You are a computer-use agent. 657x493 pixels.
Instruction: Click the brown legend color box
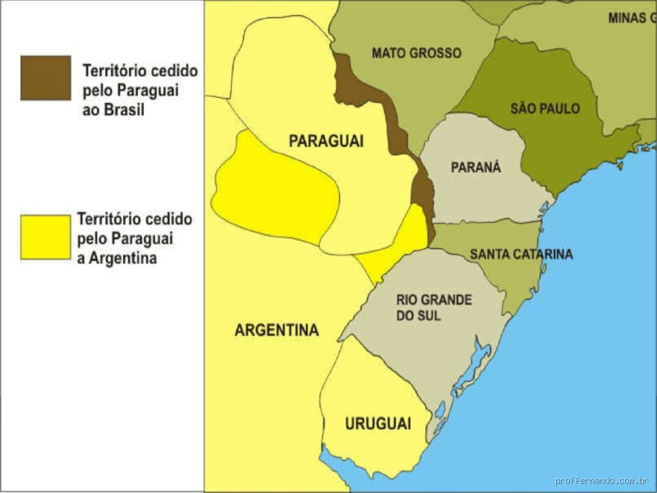point(46,78)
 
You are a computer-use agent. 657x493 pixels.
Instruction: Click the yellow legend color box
point(46,237)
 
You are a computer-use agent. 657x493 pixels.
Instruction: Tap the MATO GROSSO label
point(416,53)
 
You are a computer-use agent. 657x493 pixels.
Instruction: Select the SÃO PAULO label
point(544,108)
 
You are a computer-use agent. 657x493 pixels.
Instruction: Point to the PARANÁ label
point(476,168)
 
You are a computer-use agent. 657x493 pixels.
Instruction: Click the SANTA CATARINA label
point(521,255)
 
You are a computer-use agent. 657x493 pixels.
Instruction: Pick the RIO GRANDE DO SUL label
point(434,307)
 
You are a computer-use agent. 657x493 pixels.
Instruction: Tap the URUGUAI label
point(378,424)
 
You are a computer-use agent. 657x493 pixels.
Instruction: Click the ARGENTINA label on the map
point(277,330)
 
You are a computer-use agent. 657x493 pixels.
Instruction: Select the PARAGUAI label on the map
point(326,141)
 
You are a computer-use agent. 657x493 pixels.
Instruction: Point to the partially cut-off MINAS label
point(632,18)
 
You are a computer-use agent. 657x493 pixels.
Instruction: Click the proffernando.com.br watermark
point(603,481)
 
